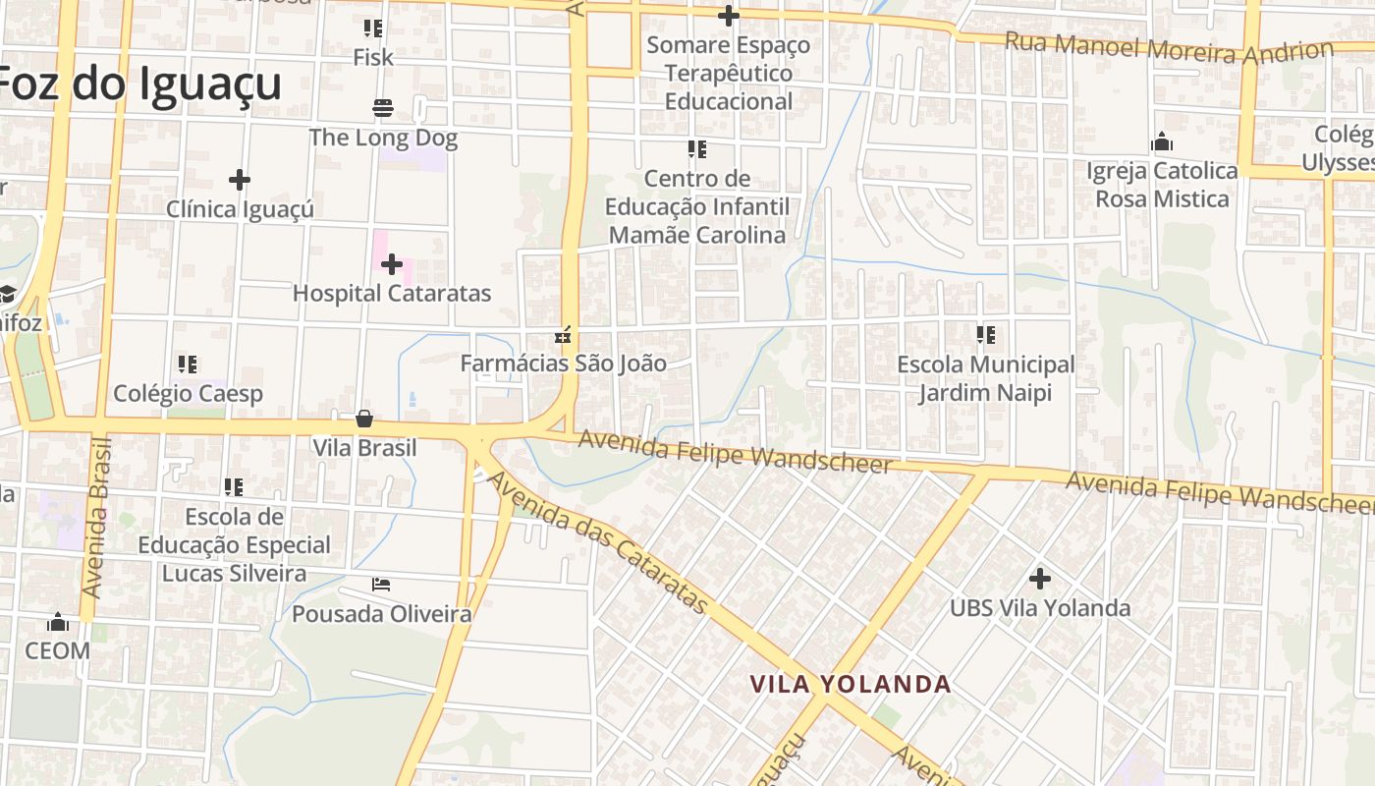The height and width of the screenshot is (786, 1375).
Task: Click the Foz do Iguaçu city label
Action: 140,84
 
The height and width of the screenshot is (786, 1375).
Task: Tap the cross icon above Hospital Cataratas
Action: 392,263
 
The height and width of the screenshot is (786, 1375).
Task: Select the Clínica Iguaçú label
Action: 240,209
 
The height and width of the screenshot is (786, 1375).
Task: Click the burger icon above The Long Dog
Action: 383,107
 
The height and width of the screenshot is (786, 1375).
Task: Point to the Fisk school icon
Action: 372,28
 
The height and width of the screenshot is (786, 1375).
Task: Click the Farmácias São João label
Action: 564,364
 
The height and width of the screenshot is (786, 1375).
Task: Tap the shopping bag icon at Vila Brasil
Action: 364,419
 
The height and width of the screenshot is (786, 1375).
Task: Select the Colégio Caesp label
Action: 188,394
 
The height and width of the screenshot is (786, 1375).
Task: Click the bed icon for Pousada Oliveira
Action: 381,585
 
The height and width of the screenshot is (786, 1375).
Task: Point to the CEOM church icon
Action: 58,622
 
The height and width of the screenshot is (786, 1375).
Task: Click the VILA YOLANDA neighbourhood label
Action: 851,684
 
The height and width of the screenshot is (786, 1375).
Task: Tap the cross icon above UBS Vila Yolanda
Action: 1040,578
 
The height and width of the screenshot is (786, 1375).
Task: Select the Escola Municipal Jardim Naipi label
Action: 986,378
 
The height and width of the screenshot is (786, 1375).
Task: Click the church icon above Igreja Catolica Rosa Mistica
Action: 1162,141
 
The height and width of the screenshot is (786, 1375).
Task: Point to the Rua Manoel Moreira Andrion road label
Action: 1169,47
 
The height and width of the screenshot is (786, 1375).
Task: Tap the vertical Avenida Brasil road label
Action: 98,518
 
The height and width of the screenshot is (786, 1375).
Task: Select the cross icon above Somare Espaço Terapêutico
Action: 728,16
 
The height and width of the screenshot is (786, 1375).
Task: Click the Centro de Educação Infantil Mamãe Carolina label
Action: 697,207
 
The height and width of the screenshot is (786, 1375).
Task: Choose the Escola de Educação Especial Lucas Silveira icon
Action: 233,486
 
